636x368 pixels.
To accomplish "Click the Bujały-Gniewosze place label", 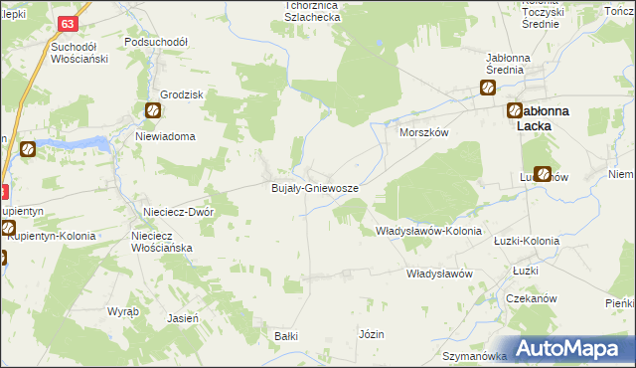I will click(x=315, y=187).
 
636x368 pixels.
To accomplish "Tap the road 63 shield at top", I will click(x=68, y=23).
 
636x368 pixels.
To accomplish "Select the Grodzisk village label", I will click(x=153, y=94).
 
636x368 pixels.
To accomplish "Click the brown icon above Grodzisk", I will click(x=153, y=111).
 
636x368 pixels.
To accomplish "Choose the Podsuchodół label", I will click(x=156, y=43).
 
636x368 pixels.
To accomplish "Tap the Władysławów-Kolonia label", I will click(x=428, y=231).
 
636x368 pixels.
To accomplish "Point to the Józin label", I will click(x=372, y=334).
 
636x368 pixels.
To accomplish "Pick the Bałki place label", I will click(x=286, y=336).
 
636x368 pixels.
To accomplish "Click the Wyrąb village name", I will click(x=123, y=311).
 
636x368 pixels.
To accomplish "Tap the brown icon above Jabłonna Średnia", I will click(x=490, y=88).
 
